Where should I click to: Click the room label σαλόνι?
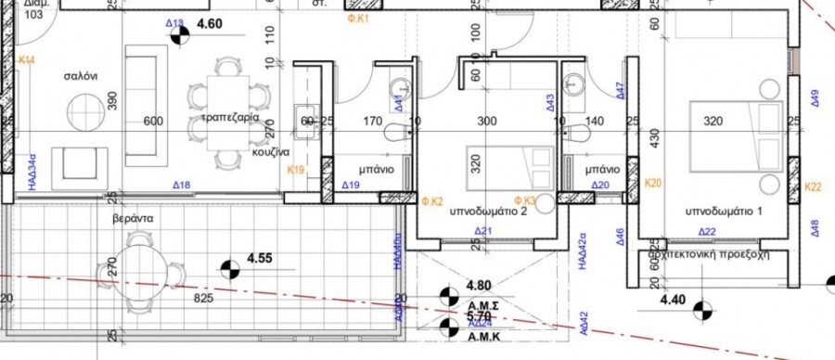click(81, 76)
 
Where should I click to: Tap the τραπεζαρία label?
click(229, 120)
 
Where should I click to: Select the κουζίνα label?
click(271, 151)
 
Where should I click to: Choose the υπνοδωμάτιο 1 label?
click(724, 212)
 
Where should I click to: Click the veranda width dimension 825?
click(203, 299)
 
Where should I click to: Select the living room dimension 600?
click(153, 121)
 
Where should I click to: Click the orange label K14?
click(27, 60)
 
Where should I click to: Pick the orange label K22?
click(813, 186)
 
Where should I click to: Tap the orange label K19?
click(296, 170)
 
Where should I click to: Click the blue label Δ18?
click(181, 186)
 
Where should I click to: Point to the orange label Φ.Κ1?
click(357, 18)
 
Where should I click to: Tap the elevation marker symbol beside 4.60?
click(178, 38)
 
